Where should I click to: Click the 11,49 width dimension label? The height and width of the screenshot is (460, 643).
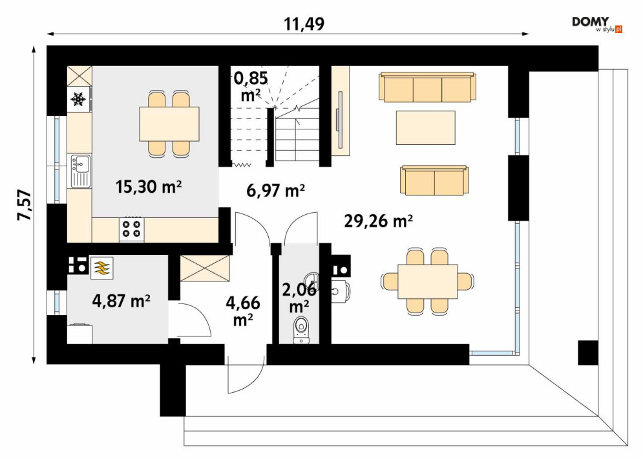(x=304, y=24)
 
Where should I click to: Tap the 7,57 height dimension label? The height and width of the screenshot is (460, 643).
(x=23, y=206)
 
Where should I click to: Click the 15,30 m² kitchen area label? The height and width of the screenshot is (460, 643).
(x=149, y=188)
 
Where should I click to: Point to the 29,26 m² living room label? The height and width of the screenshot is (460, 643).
(x=379, y=221)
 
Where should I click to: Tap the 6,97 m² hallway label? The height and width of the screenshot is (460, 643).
(x=276, y=190)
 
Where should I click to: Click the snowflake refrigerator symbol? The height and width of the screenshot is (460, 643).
(x=79, y=100)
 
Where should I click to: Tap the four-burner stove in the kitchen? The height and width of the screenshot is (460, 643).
(x=132, y=229)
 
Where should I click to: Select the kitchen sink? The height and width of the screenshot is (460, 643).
(x=80, y=170)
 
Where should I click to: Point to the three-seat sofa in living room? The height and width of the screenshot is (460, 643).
(x=428, y=87)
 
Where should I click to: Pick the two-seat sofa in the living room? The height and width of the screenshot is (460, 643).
(x=434, y=181)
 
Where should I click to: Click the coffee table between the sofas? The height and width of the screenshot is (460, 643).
(x=426, y=127)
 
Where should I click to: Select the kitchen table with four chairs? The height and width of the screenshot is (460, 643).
(x=169, y=124)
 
